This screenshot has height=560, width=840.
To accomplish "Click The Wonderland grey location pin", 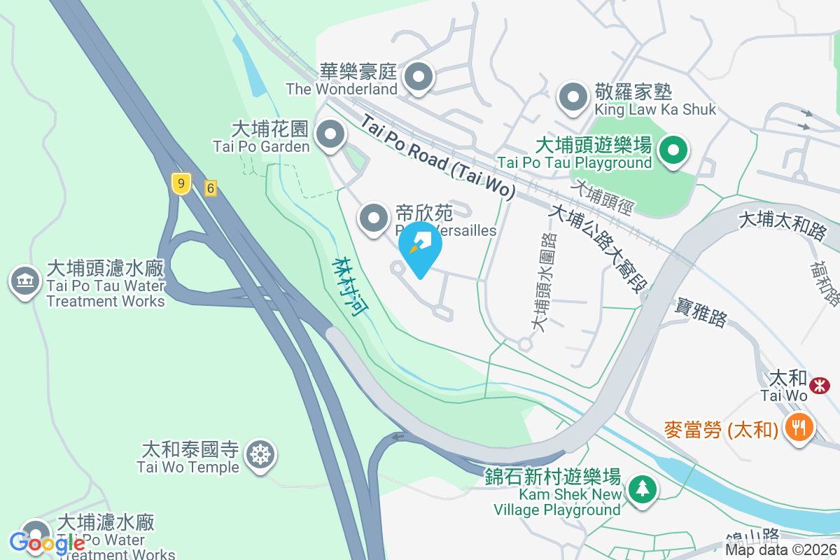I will point(419,78).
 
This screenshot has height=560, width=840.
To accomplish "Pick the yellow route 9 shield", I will point(181,185).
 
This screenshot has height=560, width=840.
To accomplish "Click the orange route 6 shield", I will point(209,188).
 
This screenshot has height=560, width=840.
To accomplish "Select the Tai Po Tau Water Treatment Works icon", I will point(24,281).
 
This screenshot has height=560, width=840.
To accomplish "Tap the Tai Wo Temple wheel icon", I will point(261,455).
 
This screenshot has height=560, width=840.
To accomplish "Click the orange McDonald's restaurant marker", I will point(798,426).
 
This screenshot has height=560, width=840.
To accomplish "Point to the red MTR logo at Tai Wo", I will point(820,385).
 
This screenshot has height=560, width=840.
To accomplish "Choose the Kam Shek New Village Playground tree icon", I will point(641,489).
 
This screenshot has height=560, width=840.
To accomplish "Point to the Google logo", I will point(48,542).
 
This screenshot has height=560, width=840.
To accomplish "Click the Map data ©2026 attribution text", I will point(780,549).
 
